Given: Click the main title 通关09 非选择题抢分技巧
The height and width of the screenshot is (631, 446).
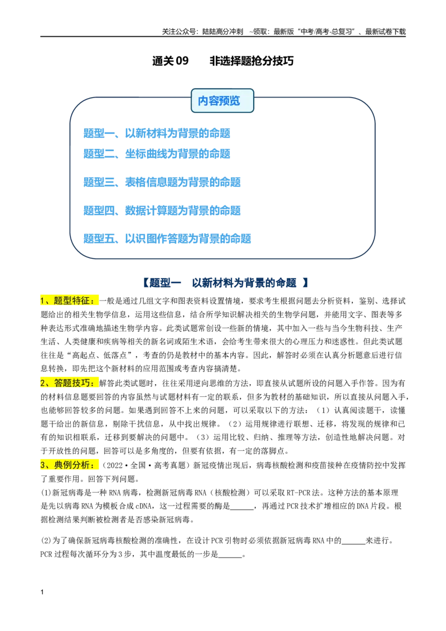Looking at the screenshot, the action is click(222, 61).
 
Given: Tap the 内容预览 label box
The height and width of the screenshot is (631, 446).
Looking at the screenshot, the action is click(222, 100).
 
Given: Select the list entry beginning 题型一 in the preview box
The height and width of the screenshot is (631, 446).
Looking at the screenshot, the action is click(157, 133).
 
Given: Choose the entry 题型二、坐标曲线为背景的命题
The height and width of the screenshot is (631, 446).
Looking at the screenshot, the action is click(157, 154).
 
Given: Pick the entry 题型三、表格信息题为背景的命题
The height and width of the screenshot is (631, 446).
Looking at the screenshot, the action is click(162, 182).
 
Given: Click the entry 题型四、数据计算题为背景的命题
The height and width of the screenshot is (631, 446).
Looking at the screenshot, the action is click(162, 210).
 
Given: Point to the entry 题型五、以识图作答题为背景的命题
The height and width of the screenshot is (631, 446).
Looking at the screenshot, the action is click(167, 239).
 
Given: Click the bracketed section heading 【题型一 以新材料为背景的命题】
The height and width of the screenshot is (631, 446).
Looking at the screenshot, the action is click(225, 283).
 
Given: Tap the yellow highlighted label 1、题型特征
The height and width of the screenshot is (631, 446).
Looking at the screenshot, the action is click(69, 300).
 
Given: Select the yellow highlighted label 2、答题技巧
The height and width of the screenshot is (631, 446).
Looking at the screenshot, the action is click(69, 383).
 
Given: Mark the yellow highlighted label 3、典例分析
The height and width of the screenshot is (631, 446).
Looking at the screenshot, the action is click(69, 465).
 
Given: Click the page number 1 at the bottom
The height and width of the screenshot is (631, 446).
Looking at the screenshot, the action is click(42, 592).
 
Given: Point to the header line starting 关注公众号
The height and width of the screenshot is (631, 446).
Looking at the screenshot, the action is click(284, 31).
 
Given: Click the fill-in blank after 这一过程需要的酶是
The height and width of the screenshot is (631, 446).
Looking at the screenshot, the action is click(241, 509).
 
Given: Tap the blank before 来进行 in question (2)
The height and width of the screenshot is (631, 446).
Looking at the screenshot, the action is click(353, 543).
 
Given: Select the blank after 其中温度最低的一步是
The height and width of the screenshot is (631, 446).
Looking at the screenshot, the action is click(230, 557).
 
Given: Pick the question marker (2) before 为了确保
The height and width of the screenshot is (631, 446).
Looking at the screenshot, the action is click(46, 541).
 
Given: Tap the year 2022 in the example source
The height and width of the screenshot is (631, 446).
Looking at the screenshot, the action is click(114, 465).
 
